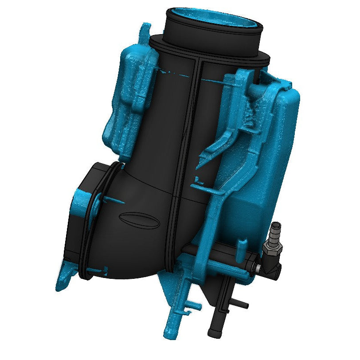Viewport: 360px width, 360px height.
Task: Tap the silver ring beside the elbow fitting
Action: [x=257, y=267]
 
